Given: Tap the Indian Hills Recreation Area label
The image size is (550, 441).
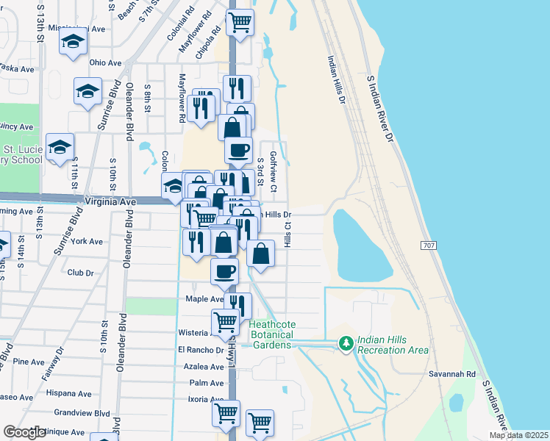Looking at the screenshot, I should pos(393,345).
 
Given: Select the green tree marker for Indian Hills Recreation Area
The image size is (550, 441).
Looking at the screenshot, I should pos(345,343).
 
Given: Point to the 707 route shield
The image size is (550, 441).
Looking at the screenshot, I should pos(432,244).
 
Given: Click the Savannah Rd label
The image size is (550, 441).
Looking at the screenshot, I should pos(451,374).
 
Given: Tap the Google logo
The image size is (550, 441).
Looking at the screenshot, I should pos(24,432).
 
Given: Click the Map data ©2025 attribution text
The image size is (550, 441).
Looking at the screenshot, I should pos(518,435).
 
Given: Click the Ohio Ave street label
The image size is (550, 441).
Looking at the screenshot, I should pos(105,63).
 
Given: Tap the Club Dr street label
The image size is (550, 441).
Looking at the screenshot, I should pos(81,273).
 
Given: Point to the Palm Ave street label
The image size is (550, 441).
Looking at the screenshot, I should pos(206,383).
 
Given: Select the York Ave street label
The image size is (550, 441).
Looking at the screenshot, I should pos(87,241).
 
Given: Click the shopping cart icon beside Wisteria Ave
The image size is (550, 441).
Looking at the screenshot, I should pos(225,321).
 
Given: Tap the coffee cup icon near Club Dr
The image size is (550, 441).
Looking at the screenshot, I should pos(224,270).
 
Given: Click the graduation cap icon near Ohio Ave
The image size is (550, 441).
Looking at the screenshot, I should pos(87,91).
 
